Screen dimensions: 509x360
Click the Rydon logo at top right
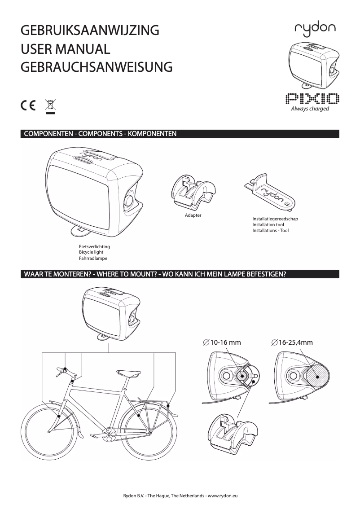312,30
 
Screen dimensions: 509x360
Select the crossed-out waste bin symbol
50,106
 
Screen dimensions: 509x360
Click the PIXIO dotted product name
312,98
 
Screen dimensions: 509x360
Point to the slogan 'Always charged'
310,109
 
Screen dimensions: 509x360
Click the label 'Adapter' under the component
193,215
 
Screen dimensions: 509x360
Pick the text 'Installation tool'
268,224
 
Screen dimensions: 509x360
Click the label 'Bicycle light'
91,253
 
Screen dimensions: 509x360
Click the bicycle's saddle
126,372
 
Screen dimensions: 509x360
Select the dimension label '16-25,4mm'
292,342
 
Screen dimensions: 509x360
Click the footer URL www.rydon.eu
222,495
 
